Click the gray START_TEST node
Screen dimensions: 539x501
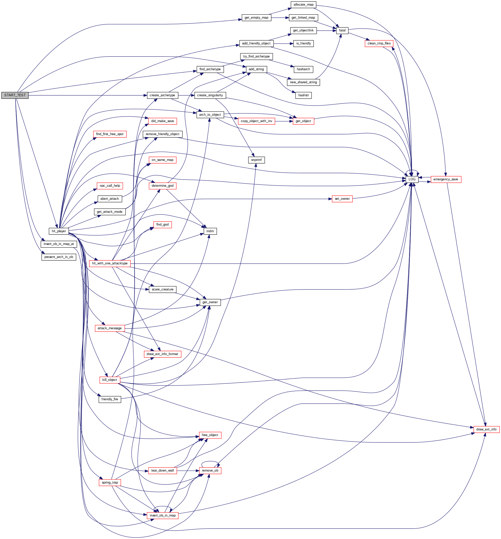coord(15,95)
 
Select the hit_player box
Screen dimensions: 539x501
coord(59,231)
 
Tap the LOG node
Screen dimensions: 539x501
coord(412,179)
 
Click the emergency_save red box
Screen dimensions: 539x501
coord(446,179)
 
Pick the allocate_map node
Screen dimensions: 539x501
coord(303,5)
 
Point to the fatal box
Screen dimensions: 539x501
coord(342,30)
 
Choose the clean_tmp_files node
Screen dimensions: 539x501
coord(379,43)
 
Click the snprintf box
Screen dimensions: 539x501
coord(256,160)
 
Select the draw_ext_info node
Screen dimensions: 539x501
coord(486,429)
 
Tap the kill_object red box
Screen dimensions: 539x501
coord(110,380)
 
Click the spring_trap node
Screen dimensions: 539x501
coord(110,482)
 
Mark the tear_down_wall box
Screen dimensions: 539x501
coord(163,470)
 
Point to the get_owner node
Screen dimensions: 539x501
coord(210,302)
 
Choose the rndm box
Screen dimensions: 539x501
coord(210,231)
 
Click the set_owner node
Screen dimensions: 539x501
coord(342,199)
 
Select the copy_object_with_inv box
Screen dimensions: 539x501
coord(256,121)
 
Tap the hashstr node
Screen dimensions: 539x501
coord(303,95)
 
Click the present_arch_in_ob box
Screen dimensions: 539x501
coord(59,257)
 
